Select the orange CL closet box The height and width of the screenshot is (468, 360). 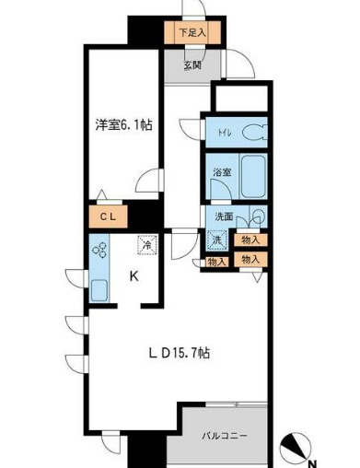(x=109, y=217)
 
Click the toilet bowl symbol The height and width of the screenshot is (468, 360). (x=259, y=130)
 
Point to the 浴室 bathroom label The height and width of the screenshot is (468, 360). (x=221, y=172)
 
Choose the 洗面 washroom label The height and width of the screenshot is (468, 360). (x=223, y=216)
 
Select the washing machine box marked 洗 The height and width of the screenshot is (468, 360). (x=215, y=241)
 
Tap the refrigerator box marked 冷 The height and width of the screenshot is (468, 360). (x=145, y=246)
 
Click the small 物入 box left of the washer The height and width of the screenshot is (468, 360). (x=216, y=262)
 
